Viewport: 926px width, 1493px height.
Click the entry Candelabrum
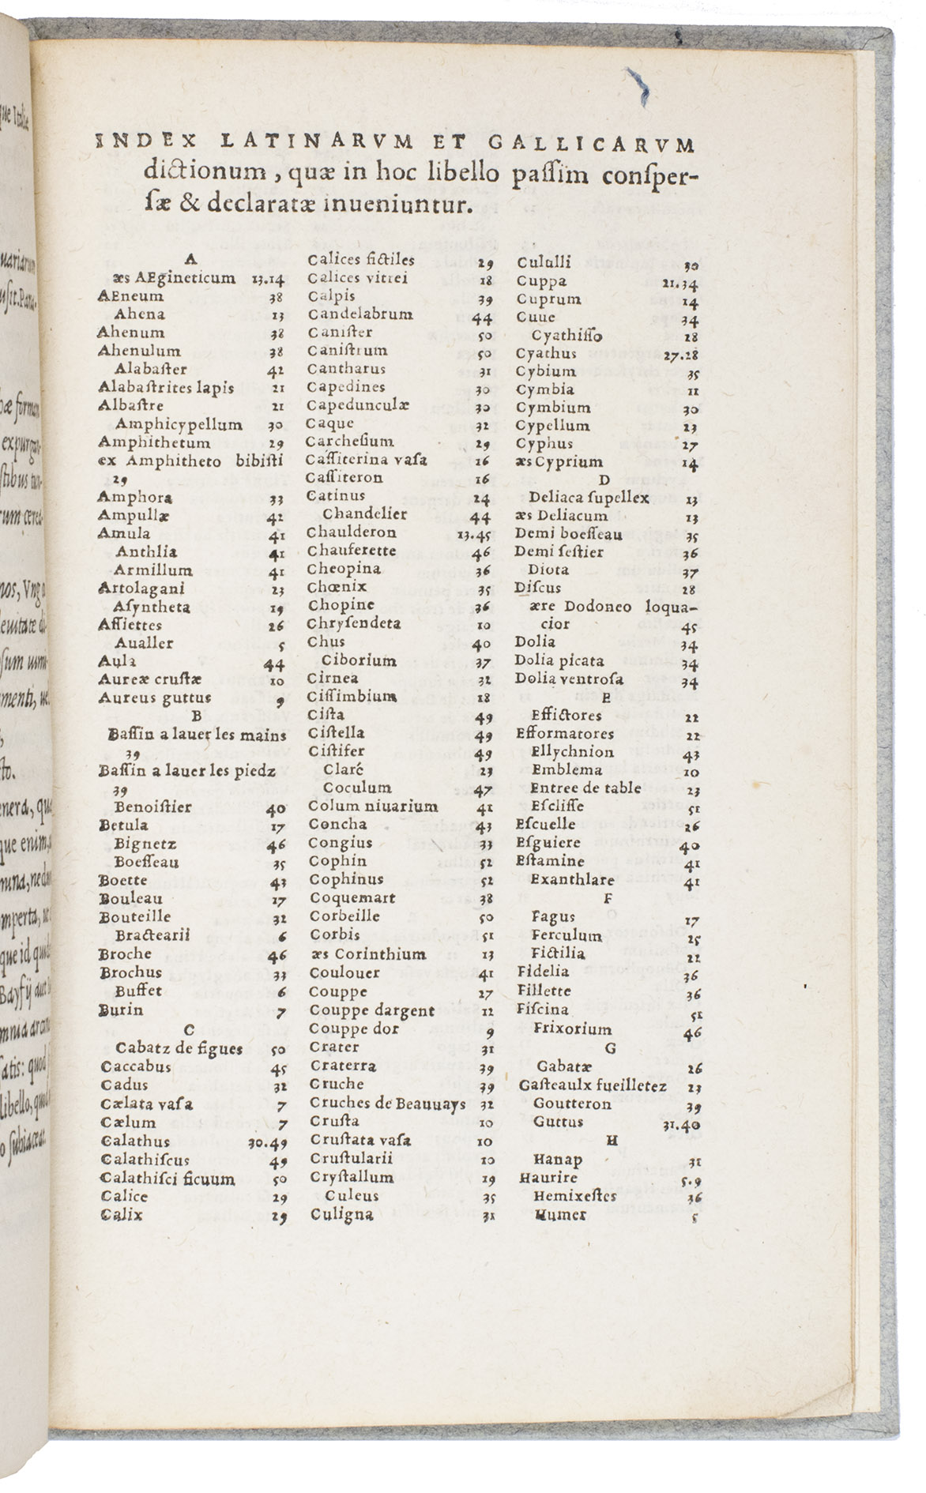click(359, 314)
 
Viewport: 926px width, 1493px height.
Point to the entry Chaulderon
click(351, 532)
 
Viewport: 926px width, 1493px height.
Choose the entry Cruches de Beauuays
click(387, 1104)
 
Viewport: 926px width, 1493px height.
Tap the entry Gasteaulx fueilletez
click(593, 1085)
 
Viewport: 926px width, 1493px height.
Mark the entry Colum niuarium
click(373, 807)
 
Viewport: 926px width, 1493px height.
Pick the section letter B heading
click(197, 716)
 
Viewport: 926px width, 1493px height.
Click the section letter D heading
click(605, 479)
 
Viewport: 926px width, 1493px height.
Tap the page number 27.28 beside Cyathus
click(680, 355)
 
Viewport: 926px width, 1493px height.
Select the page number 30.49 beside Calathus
click(268, 1142)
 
